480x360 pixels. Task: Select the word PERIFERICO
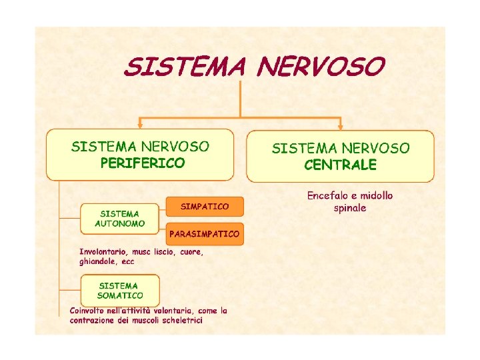pyautogui.click(x=143, y=163)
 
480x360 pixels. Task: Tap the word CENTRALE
pyautogui.click(x=340, y=165)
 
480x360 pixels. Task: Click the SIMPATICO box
pyautogui.click(x=205, y=207)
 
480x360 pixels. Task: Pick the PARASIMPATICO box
pyautogui.click(x=205, y=234)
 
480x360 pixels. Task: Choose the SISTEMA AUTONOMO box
pyautogui.click(x=120, y=219)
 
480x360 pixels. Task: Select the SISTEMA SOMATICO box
pyautogui.click(x=120, y=290)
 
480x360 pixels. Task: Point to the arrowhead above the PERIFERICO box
pyautogui.click(x=140, y=123)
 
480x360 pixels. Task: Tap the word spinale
pyautogui.click(x=350, y=208)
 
